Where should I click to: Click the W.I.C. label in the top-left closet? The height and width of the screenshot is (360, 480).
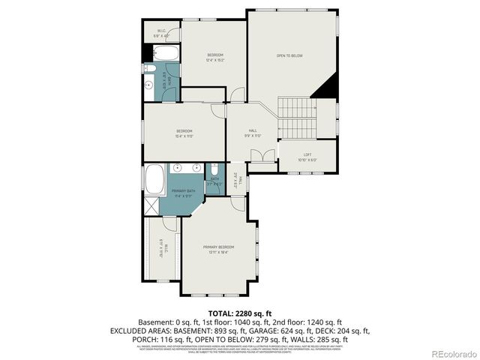coord(161,31)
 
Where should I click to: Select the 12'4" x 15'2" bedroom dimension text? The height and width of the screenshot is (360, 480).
coord(216,61)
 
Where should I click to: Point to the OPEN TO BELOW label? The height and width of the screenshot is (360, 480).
coord(289,55)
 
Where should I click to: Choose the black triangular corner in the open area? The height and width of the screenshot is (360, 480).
coord(325,88)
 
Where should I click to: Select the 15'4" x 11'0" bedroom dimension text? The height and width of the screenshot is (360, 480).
coord(184,136)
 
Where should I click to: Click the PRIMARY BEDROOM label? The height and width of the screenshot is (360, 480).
coord(218,247)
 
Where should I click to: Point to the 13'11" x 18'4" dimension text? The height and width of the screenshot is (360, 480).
coord(218,253)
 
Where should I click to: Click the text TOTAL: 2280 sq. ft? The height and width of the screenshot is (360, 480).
coord(240,313)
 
